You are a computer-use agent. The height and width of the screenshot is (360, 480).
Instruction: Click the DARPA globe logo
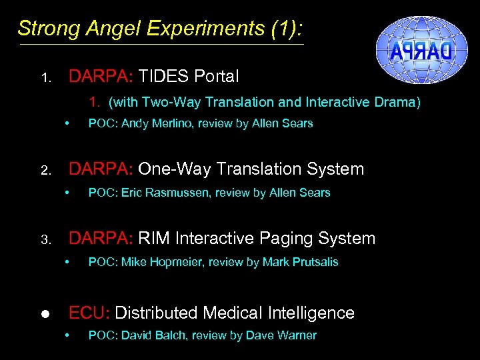pyautogui.click(x=414, y=48)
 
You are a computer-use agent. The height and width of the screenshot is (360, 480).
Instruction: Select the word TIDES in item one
pyautogui.click(x=164, y=77)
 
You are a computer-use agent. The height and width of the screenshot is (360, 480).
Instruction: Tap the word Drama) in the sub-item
pyautogui.click(x=396, y=102)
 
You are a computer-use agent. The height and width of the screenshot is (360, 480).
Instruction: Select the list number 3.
pyautogui.click(x=45, y=241)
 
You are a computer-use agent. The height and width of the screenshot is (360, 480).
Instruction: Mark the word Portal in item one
pyautogui.click(x=217, y=77)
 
